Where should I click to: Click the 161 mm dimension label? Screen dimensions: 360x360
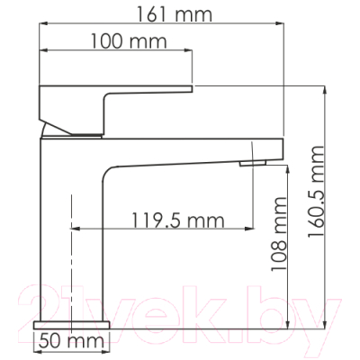(x=175, y=14)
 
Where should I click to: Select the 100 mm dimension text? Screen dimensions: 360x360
(x=129, y=41)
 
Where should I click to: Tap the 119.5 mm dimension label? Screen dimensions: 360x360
(x=178, y=220)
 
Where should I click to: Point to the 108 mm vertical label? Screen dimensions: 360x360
(x=279, y=234)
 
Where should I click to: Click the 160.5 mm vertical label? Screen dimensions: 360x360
(x=316, y=192)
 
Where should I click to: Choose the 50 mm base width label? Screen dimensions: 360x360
(x=72, y=341)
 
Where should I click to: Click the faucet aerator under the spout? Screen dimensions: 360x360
(x=253, y=163)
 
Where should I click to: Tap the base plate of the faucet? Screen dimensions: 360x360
(x=72, y=325)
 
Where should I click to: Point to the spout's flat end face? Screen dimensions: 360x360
(x=283, y=148)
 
